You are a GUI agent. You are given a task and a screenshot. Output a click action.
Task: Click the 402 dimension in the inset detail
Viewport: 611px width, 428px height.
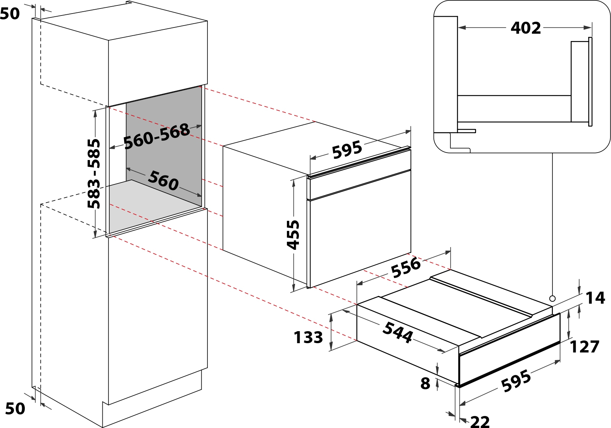click(x=525, y=28)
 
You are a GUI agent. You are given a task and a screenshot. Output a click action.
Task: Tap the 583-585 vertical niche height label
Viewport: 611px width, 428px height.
click(x=94, y=174)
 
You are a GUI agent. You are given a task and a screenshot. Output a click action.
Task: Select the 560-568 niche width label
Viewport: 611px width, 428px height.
click(x=157, y=136)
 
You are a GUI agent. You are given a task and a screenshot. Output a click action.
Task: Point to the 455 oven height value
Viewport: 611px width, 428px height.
click(x=293, y=235)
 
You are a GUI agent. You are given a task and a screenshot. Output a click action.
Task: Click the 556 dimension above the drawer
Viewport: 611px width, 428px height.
click(x=406, y=267)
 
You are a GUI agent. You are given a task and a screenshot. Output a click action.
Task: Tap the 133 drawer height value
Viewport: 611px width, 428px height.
click(x=308, y=337)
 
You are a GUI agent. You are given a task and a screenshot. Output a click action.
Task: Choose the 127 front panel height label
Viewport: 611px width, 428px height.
click(x=584, y=347)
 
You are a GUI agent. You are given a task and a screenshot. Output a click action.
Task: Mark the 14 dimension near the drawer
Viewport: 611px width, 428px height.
click(x=595, y=298)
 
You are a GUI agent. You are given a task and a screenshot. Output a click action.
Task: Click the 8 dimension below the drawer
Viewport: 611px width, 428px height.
click(x=425, y=383)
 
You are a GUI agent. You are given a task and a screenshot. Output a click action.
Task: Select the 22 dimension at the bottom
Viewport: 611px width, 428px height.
click(x=480, y=422)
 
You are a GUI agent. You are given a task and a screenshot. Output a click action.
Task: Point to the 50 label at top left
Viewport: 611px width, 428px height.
click(x=10, y=14)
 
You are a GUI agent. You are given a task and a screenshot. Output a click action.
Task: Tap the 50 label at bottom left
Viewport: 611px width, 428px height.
click(x=15, y=409)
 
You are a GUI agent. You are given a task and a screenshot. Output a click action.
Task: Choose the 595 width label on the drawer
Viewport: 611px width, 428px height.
click(x=516, y=381)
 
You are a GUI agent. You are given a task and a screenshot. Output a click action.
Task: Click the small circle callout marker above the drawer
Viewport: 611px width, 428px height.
click(x=552, y=299)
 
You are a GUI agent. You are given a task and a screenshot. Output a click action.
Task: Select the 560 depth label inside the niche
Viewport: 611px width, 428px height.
click(x=163, y=180)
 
